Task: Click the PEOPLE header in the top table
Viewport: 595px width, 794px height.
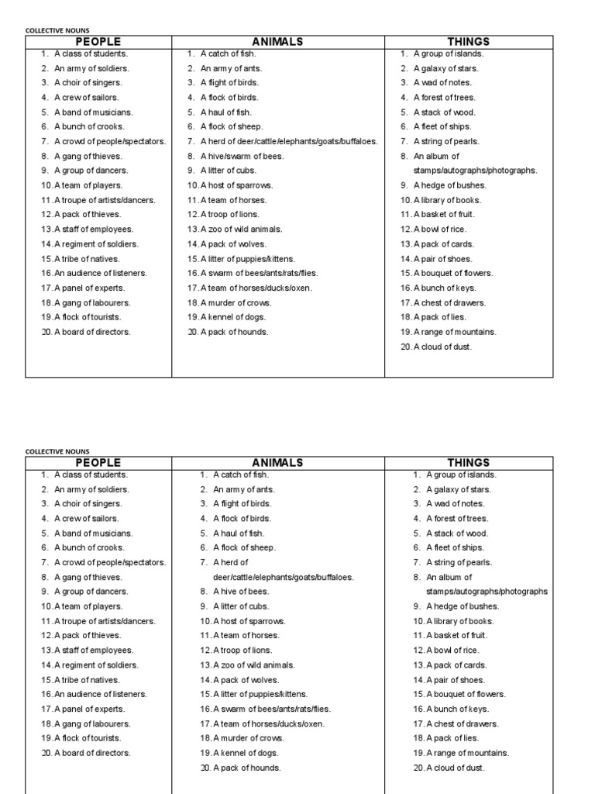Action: click(98, 42)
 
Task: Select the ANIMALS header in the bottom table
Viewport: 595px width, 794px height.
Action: click(277, 463)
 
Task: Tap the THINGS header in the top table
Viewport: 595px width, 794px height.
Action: click(469, 42)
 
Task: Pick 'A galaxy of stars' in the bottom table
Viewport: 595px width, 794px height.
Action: click(458, 489)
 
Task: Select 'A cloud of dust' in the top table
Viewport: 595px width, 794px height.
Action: click(442, 347)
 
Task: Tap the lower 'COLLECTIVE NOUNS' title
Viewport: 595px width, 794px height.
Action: click(57, 451)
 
